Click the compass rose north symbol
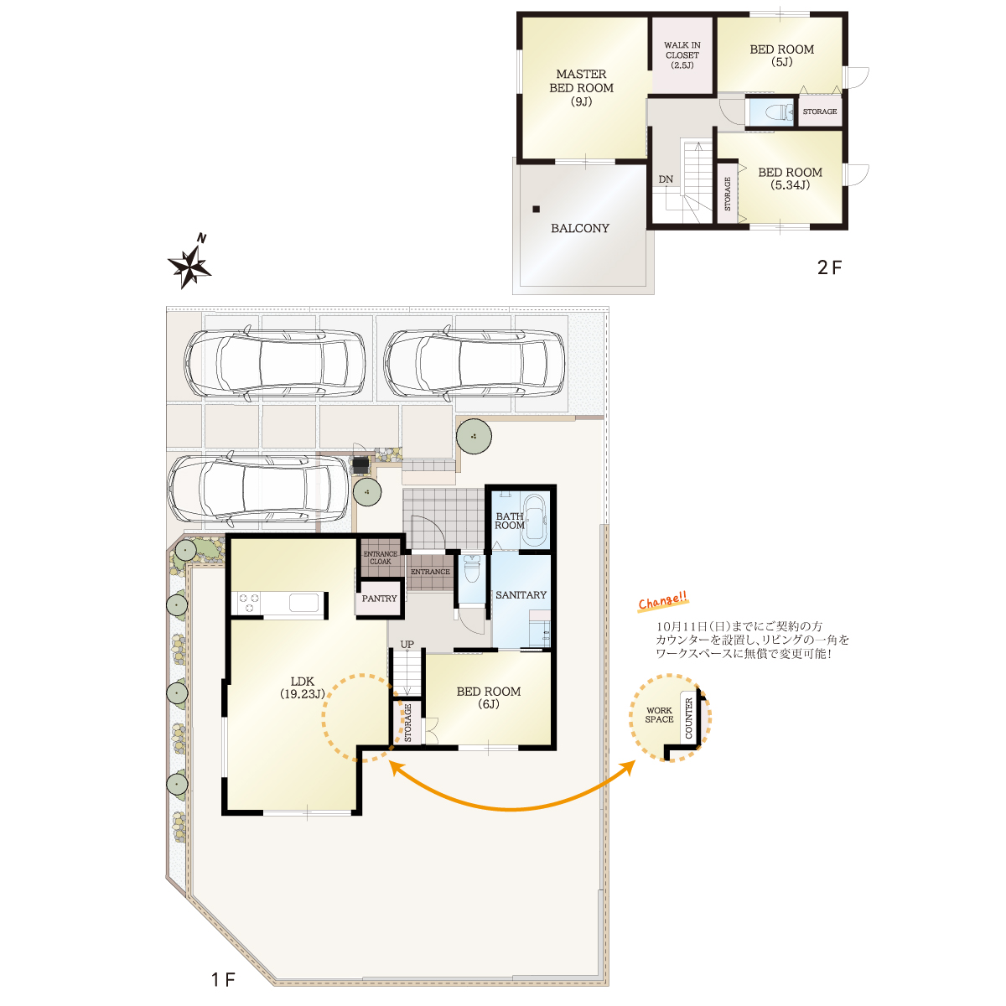click(189, 263)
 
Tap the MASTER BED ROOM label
click(581, 88)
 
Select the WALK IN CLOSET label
click(682, 54)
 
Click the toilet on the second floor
click(778, 111)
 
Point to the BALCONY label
click(579, 228)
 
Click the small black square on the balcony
click(536, 210)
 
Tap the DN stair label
click(665, 179)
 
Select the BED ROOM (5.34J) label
click(790, 179)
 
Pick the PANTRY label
click(379, 599)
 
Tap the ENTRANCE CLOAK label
click(380, 557)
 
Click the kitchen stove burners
click(248, 603)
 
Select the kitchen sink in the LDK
click(303, 603)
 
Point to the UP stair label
click(407, 644)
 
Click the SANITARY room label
click(521, 594)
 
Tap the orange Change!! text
click(662, 600)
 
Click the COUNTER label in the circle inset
click(688, 718)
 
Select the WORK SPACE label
click(659, 715)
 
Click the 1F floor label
click(224, 979)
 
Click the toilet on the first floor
click(471, 568)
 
